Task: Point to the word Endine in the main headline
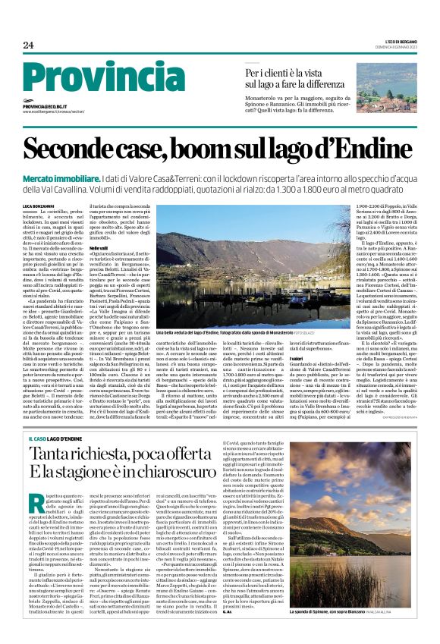376,149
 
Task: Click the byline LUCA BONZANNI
41,207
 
